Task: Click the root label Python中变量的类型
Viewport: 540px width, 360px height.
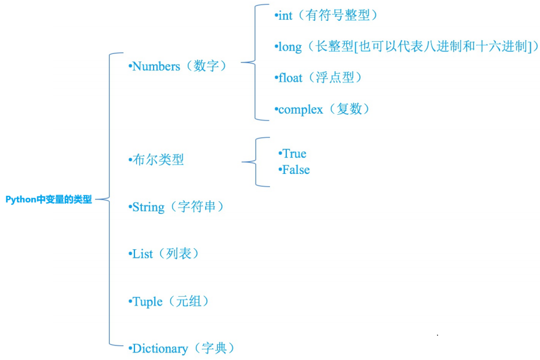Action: [49, 199]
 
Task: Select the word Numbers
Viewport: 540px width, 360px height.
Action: [156, 66]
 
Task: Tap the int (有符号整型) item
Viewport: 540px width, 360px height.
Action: [327, 16]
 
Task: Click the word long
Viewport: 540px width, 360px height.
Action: [290, 47]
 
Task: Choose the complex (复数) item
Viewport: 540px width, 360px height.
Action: [323, 109]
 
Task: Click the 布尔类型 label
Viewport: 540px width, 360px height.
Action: [158, 160]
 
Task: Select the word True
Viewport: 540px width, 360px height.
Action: [294, 154]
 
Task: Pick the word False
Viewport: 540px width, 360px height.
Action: [296, 170]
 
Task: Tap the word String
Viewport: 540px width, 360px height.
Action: [149, 207]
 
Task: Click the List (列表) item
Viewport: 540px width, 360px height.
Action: [165, 254]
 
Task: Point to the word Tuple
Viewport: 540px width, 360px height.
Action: [148, 301]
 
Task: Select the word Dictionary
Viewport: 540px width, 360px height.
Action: [160, 349]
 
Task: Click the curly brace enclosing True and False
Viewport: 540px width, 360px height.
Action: [255, 162]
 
